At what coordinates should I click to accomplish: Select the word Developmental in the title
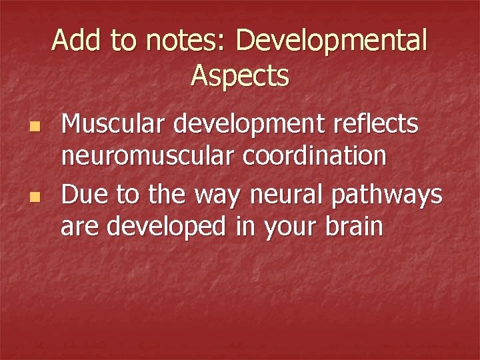click(331, 41)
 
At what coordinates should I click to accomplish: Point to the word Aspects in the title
click(240, 76)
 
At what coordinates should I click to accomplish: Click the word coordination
click(313, 157)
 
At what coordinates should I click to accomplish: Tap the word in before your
click(244, 227)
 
